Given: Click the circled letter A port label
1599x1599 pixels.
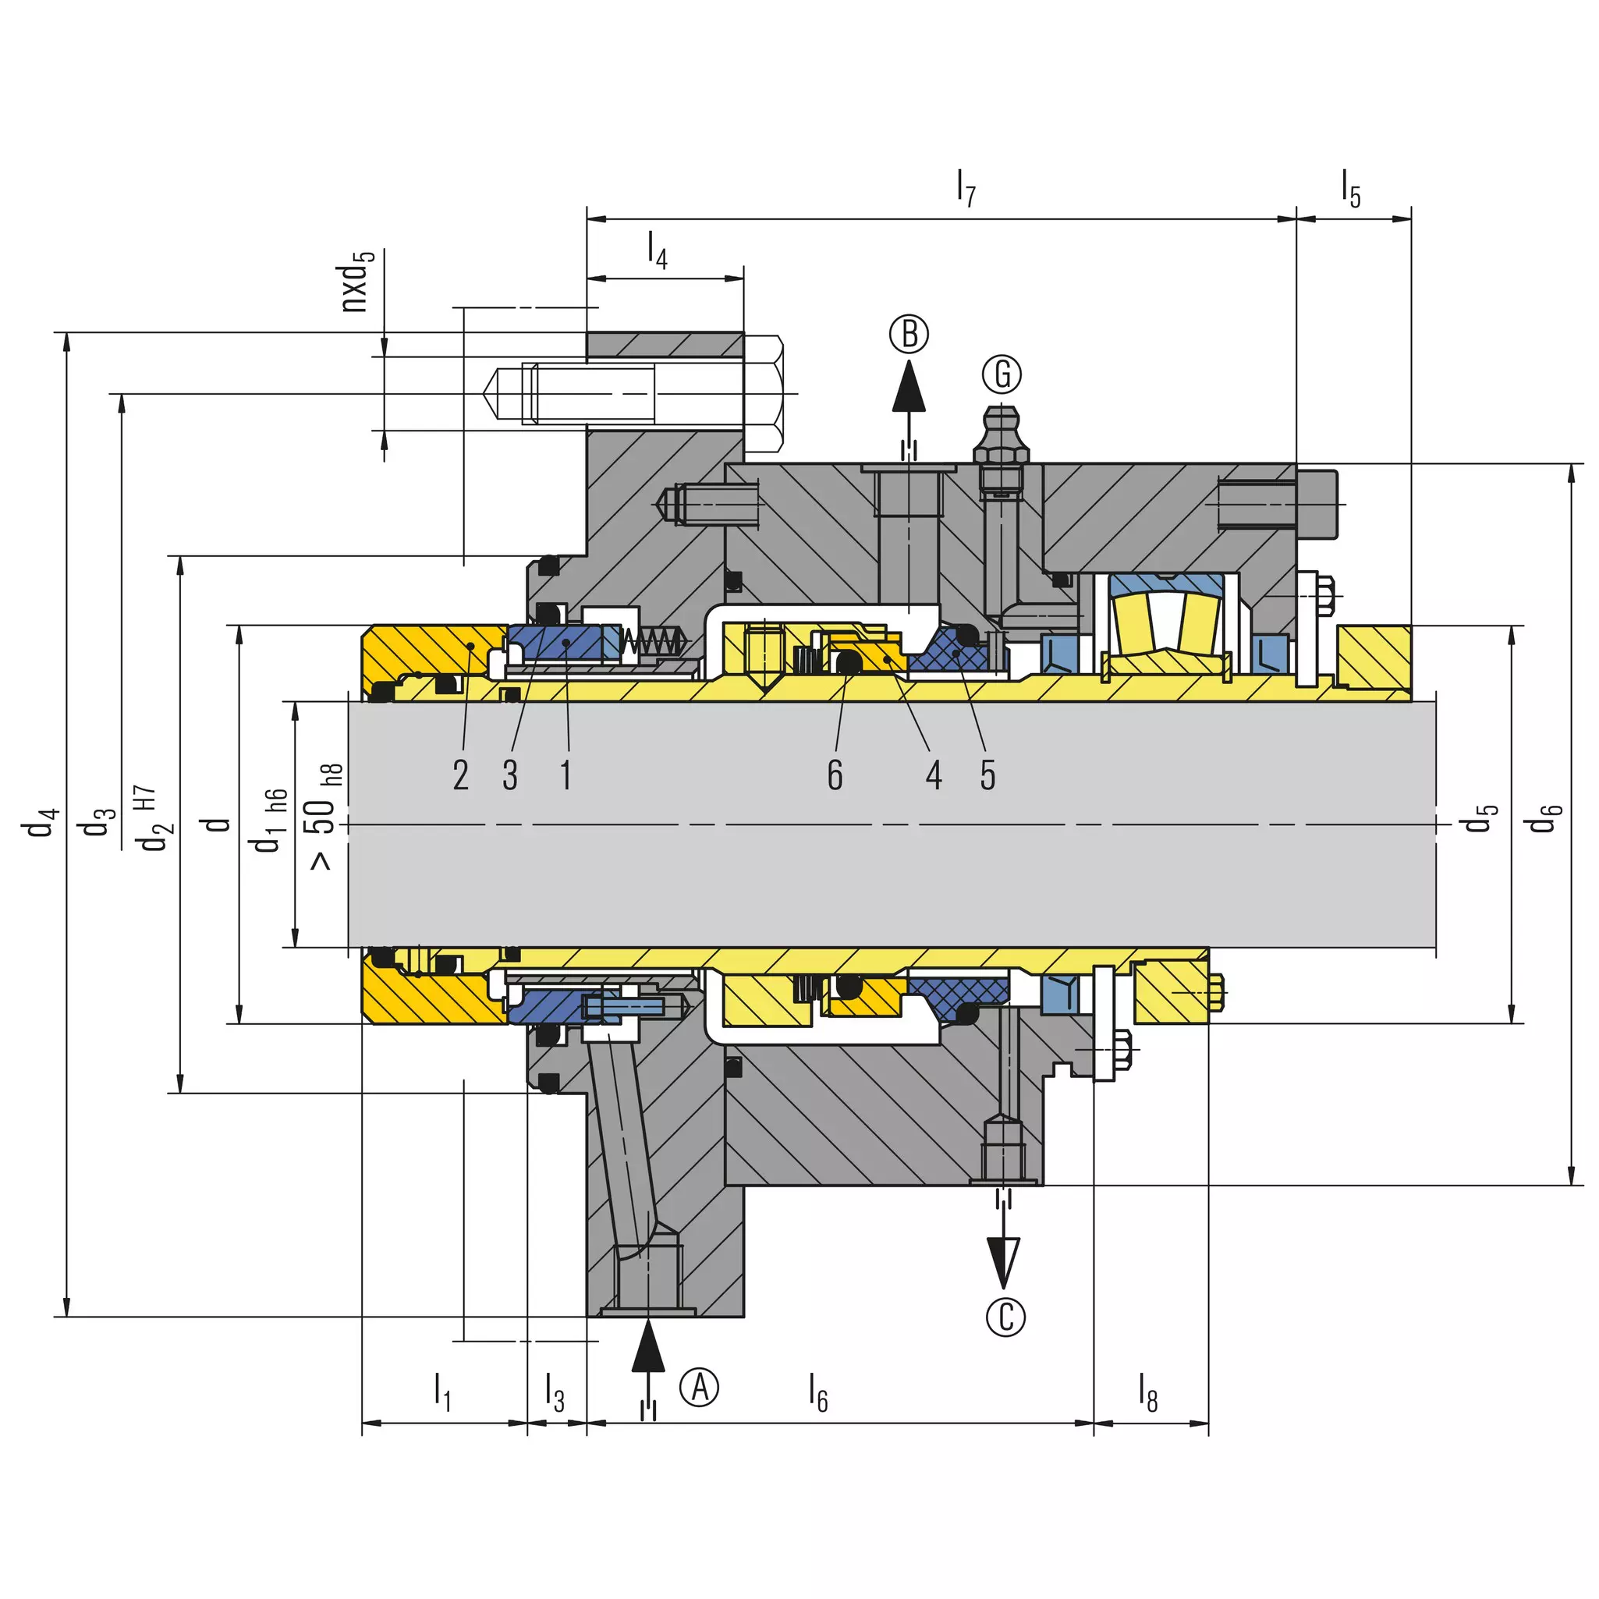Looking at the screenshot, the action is click(x=700, y=1387).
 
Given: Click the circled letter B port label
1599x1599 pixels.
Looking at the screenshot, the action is click(x=909, y=335).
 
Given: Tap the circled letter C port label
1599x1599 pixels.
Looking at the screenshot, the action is click(x=1005, y=1317).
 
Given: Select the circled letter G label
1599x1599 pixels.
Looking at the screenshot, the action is click(x=1002, y=374).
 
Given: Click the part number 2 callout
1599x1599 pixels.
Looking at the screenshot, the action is click(x=461, y=775).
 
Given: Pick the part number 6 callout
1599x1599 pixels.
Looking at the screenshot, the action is click(x=835, y=775).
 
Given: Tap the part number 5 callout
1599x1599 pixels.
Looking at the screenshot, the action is click(x=987, y=775).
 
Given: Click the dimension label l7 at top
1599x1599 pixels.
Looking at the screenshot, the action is click(x=966, y=189).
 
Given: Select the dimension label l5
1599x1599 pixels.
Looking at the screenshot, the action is click(x=1351, y=189).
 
